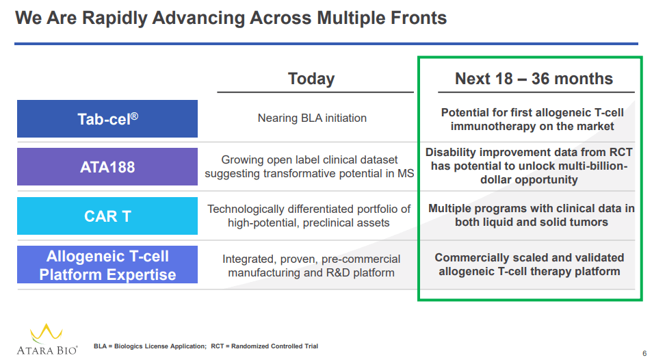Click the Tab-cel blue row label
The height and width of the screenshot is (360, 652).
(x=107, y=118)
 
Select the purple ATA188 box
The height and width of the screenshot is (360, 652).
(x=107, y=166)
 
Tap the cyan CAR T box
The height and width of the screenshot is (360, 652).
(x=107, y=216)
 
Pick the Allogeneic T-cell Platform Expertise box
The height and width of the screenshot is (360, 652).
(x=107, y=265)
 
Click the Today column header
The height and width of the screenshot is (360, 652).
(x=311, y=79)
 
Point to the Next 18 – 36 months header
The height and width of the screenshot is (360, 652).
(x=534, y=79)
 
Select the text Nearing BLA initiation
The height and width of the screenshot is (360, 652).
(x=312, y=118)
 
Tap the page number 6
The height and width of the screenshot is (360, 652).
(x=644, y=353)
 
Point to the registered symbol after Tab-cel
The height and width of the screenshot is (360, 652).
(x=134, y=116)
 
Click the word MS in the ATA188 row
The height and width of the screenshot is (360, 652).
(x=406, y=174)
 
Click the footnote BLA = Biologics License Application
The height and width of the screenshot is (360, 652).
(x=150, y=346)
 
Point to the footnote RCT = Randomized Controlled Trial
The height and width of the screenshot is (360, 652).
(x=265, y=346)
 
